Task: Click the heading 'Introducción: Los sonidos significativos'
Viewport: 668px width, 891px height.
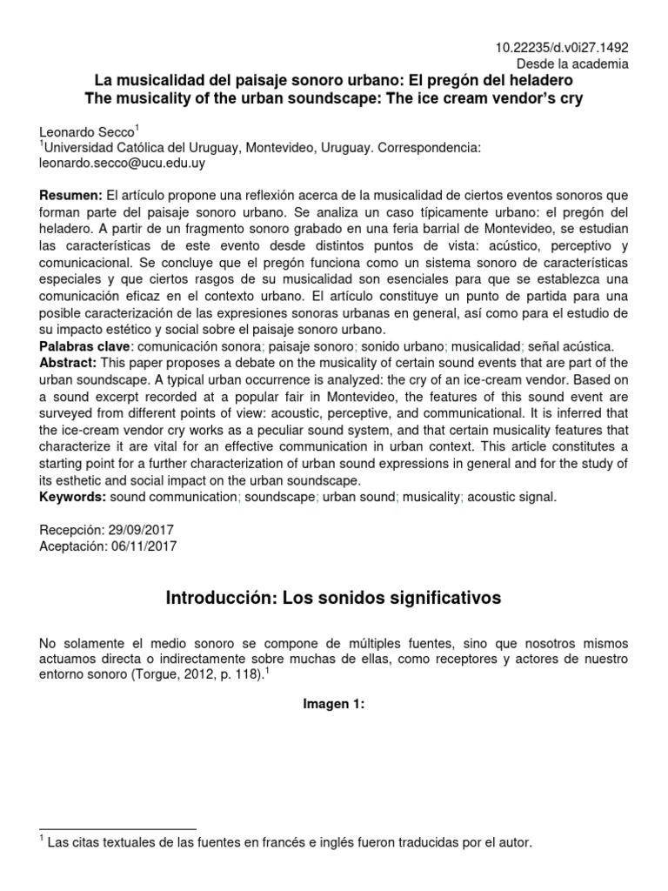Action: pos(333,599)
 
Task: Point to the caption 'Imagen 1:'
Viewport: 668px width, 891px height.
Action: pos(333,705)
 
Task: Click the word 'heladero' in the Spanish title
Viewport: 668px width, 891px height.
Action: pos(546,81)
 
